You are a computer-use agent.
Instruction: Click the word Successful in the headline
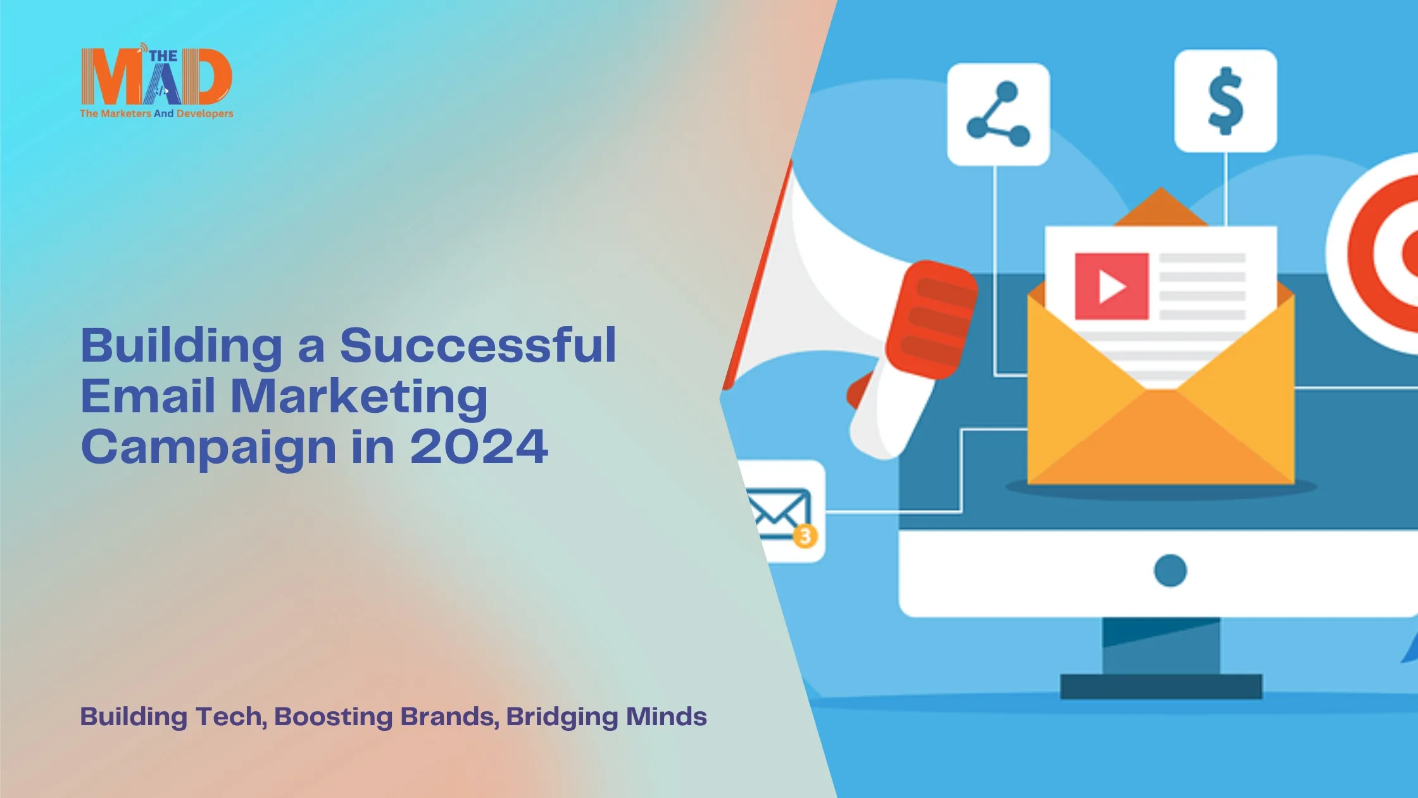[478, 346]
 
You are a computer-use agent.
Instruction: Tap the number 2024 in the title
[479, 447]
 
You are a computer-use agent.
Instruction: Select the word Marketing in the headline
[359, 396]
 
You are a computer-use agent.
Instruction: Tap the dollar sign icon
[1226, 101]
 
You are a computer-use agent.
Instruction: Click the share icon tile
[998, 115]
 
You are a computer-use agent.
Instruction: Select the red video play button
[1112, 286]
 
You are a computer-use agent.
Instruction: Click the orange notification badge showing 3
[805, 536]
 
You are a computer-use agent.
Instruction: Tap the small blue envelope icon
[778, 512]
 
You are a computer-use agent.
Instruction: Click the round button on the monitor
[1170, 571]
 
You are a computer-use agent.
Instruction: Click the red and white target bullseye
[1386, 253]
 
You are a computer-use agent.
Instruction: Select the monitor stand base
[1161, 687]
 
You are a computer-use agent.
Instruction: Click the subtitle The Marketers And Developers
[156, 114]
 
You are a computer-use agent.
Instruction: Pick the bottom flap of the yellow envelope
[1161, 443]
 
